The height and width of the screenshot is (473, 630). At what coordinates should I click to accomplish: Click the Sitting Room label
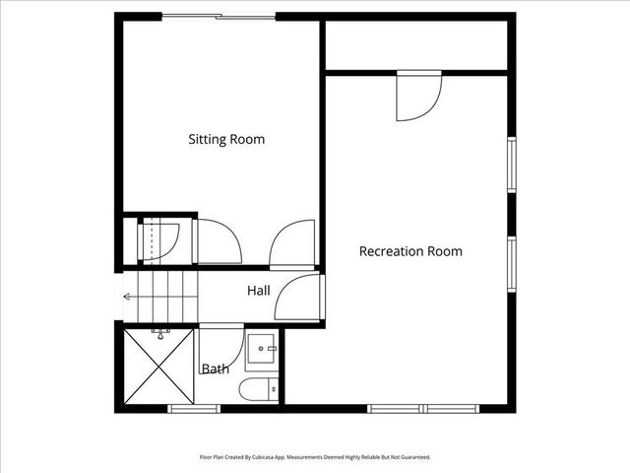[x=226, y=140]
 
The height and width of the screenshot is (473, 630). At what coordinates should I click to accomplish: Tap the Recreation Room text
[x=410, y=251]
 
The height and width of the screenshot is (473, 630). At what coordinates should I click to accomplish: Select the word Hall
[x=259, y=291]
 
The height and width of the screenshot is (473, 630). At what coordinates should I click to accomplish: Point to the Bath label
[x=216, y=370]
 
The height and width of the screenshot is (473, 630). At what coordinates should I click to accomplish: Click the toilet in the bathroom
[x=258, y=389]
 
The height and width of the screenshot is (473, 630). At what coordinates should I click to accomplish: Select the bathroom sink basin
[x=261, y=349]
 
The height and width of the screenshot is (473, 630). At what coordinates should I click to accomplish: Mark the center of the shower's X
[x=158, y=367]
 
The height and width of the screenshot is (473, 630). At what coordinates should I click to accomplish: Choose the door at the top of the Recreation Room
[x=417, y=96]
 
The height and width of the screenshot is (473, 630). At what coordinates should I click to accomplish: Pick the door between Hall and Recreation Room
[x=300, y=298]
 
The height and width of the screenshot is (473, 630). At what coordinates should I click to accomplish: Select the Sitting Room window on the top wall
[x=219, y=16]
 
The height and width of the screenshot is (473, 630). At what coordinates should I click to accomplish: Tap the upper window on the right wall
[x=511, y=164]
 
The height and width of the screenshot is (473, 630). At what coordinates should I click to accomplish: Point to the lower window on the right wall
[x=511, y=264]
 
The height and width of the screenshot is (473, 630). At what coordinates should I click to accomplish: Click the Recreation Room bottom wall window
[x=422, y=408]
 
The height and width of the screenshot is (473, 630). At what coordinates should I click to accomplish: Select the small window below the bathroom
[x=194, y=408]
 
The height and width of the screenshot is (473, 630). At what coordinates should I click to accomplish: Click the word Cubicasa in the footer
[x=266, y=457]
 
